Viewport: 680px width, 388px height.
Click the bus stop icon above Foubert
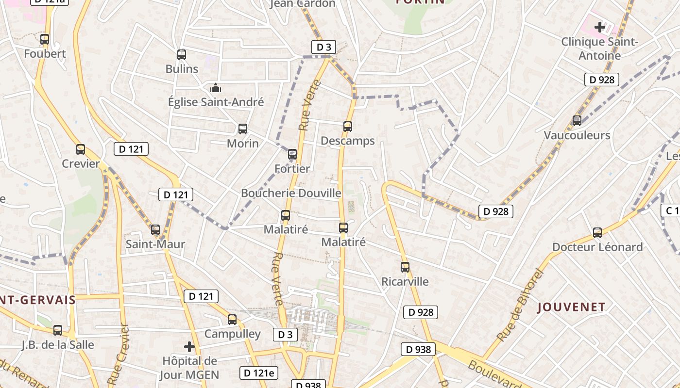click(45, 39)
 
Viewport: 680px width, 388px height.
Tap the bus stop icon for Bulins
click(182, 55)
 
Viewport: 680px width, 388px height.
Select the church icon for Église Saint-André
click(216, 88)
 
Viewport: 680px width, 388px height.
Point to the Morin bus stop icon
click(243, 129)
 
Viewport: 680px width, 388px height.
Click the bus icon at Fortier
click(292, 154)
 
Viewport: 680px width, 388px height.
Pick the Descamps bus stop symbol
click(348, 127)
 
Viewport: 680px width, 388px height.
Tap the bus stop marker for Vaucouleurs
click(577, 120)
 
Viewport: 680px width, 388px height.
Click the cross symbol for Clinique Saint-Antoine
click(600, 27)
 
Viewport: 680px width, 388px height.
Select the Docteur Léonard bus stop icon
click(597, 233)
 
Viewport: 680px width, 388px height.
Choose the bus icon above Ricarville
click(405, 267)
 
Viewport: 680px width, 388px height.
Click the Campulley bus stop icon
click(232, 319)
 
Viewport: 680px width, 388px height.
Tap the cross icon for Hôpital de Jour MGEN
click(189, 347)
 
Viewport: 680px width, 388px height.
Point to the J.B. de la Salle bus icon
click(58, 330)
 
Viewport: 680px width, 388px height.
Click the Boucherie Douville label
click(291, 193)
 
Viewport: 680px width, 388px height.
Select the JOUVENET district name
click(571, 307)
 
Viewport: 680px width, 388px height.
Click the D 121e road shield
click(259, 373)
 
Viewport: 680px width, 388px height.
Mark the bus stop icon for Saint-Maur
click(155, 230)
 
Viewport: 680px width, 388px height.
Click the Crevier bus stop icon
click(81, 149)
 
